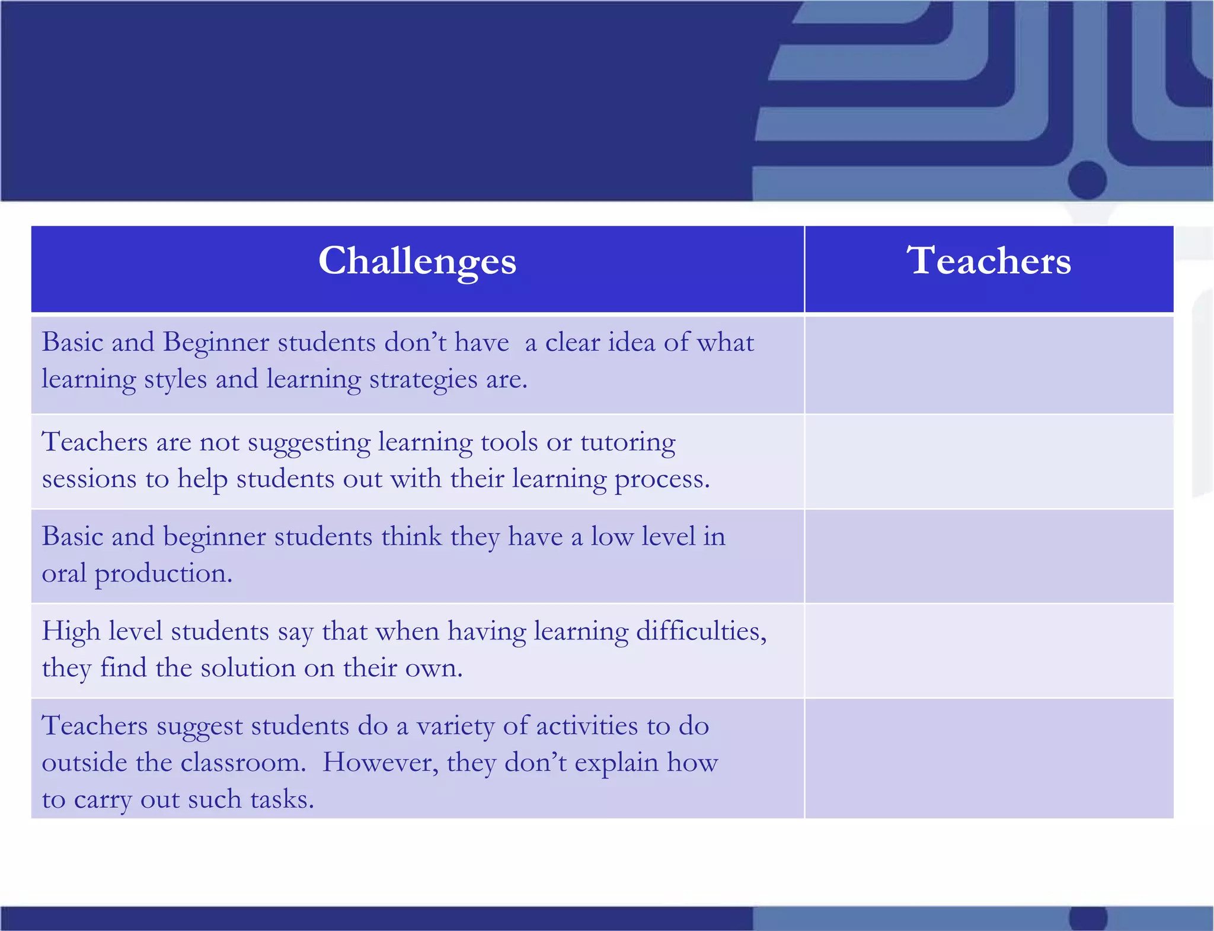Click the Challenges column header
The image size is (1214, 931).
click(417, 261)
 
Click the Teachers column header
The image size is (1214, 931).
click(989, 261)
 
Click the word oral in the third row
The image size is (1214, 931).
click(64, 574)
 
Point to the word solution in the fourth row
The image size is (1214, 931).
click(248, 668)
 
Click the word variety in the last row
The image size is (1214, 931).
click(455, 727)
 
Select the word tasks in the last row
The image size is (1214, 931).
click(282, 800)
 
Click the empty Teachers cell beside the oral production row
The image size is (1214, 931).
click(989, 556)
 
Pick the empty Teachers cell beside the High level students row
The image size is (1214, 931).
click(989, 651)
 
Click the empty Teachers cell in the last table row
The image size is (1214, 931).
click(989, 759)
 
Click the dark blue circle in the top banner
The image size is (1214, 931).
click(1087, 180)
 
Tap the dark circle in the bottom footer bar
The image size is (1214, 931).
click(1088, 919)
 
